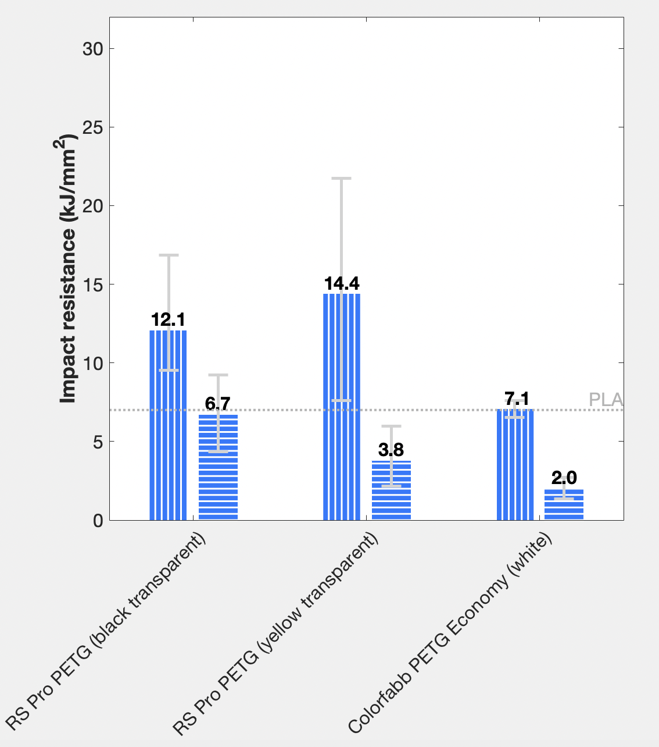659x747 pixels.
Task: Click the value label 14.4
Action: (x=342, y=284)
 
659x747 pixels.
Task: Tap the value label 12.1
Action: (x=168, y=320)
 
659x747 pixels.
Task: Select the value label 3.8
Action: (x=391, y=450)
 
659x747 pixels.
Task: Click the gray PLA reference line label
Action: (x=606, y=400)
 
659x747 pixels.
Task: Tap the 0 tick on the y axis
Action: (x=98, y=521)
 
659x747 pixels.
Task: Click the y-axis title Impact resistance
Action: (x=69, y=269)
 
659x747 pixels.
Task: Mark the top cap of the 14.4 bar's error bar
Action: (x=342, y=179)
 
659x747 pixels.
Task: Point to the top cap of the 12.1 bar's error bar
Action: (x=169, y=255)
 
